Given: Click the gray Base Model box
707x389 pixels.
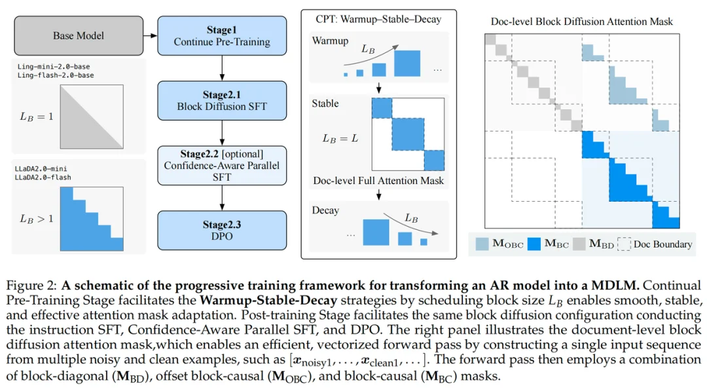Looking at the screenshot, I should coord(78,35).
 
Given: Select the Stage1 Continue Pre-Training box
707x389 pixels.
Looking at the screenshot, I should coord(222,35).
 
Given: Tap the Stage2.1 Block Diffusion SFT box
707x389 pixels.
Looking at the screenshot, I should coord(222,100).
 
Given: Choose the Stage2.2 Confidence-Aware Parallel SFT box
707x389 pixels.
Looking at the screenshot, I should coord(222,165).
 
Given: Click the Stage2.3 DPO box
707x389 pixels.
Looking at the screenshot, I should coord(222,230).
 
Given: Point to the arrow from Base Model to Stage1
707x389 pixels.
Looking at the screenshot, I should coord(151,35).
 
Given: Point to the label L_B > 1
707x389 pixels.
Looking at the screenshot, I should coord(37,219).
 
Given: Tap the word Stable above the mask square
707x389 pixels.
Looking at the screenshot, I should coord(325,103).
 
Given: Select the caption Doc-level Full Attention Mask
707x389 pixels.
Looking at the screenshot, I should coord(378,181).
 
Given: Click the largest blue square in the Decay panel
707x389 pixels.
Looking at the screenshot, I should coord(376,232).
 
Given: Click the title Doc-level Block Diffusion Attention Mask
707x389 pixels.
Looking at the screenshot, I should coord(582,22).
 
